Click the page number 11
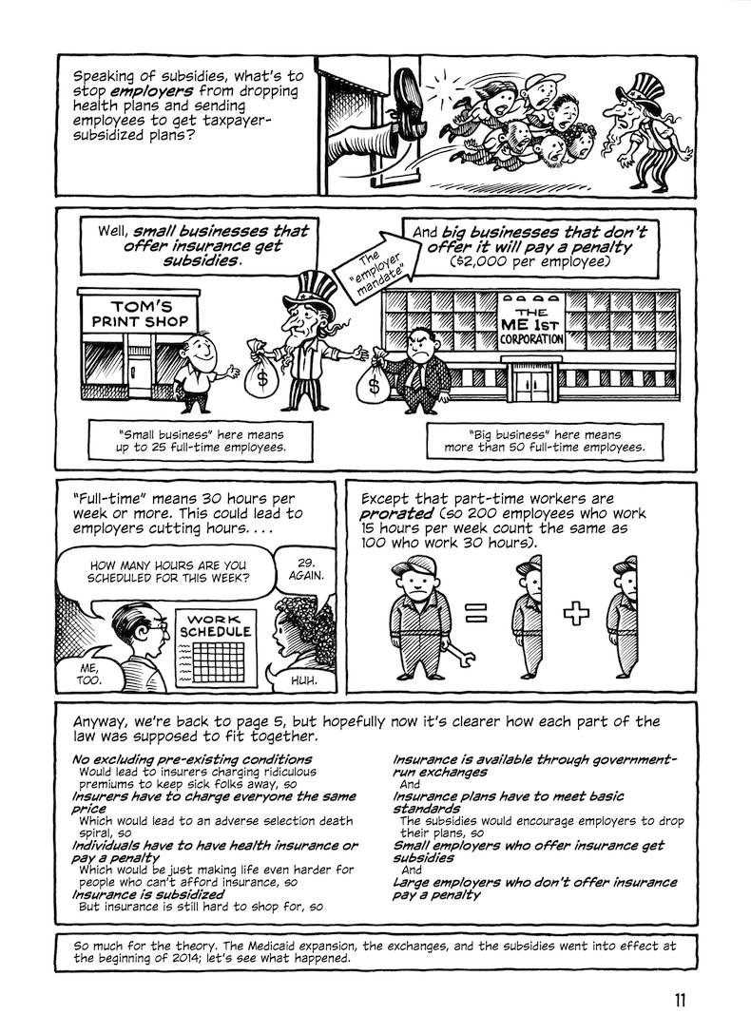coord(680,999)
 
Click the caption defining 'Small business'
coord(201,440)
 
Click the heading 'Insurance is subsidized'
coord(147,894)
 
